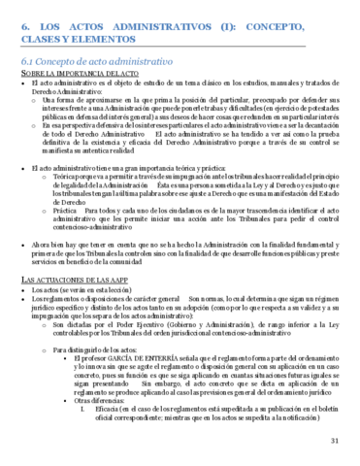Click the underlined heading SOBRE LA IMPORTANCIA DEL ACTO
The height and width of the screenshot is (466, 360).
pos(74,75)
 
